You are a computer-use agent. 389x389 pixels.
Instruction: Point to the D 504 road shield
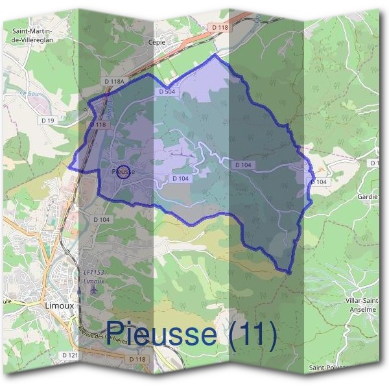(x=167, y=92)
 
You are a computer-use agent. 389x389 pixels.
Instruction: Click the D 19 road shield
(x=47, y=120)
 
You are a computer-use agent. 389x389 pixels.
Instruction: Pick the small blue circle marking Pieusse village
(x=123, y=171)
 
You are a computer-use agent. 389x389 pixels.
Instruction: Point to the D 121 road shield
(x=70, y=356)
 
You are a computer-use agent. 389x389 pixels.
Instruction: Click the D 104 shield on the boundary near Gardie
(x=318, y=182)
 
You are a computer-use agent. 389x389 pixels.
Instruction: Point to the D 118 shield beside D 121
(x=137, y=359)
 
